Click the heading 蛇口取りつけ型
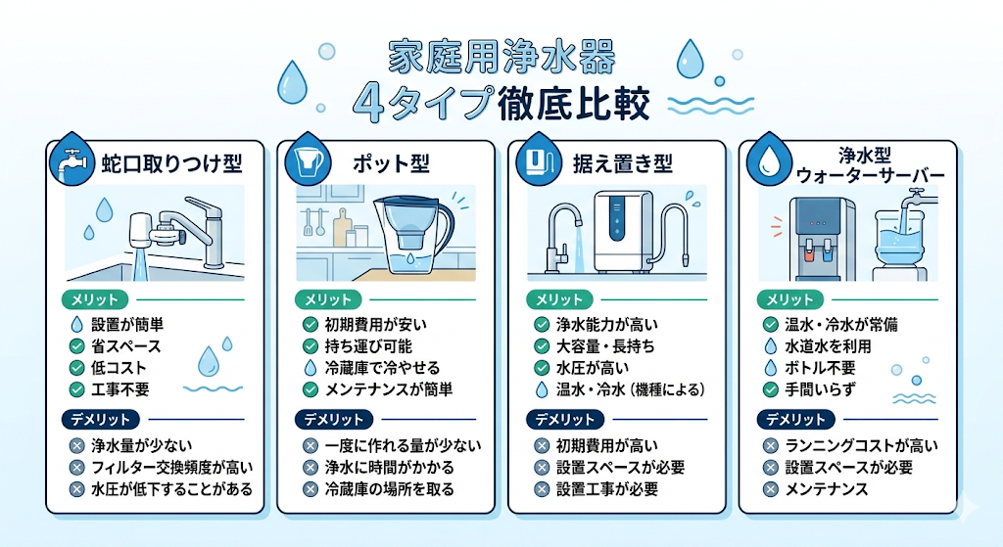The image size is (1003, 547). click(172, 163)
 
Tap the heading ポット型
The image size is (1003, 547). click(391, 163)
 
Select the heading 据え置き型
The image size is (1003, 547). click(622, 163)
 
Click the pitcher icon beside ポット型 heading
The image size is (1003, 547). click(307, 160)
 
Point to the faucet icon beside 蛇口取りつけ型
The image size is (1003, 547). click(72, 162)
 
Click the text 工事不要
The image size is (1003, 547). click(120, 389)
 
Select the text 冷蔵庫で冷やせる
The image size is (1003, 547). click(383, 367)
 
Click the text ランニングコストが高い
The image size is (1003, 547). click(862, 445)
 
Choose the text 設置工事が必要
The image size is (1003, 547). click(607, 489)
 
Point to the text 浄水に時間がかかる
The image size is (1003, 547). click(390, 467)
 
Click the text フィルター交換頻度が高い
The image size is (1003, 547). click(172, 467)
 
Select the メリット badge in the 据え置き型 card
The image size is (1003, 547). click(559, 299)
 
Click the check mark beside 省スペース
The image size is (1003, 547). click(76, 346)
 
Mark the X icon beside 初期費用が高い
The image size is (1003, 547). click(542, 445)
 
